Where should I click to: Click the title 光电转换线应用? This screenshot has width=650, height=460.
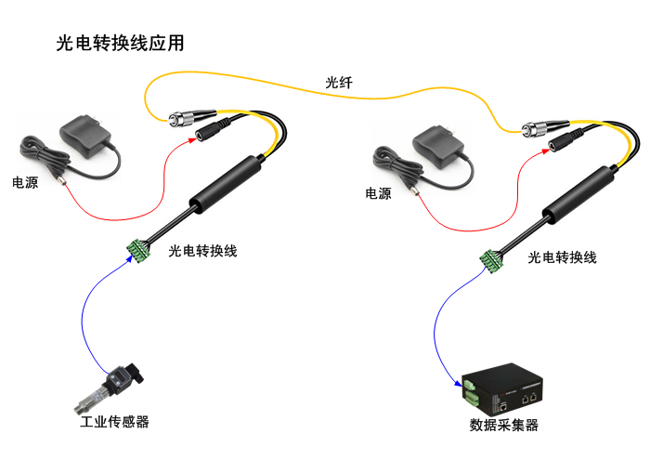(120, 44)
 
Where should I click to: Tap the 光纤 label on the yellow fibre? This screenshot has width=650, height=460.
(338, 83)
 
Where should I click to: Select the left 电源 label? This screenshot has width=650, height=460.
(25, 183)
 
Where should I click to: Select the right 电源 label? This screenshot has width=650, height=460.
(378, 193)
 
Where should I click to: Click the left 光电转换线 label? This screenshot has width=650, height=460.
(203, 251)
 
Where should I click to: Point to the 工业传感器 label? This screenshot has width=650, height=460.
(114, 422)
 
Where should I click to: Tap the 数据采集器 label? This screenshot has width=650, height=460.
(504, 426)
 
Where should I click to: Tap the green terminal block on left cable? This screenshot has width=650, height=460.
(140, 249)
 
